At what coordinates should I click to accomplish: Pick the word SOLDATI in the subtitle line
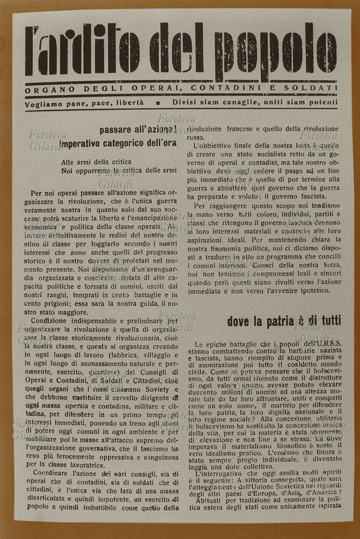tap(314, 89)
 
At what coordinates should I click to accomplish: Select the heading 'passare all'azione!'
tap(138, 129)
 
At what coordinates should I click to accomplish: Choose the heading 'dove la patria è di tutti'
tap(281, 321)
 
